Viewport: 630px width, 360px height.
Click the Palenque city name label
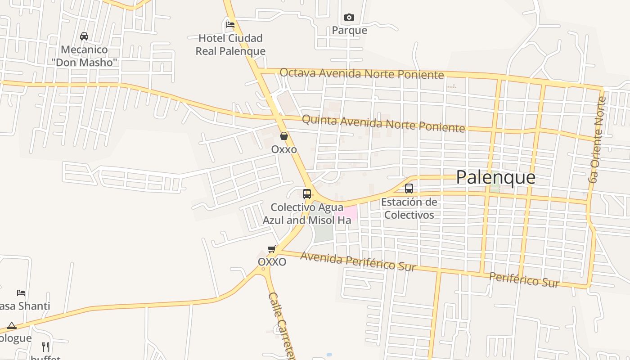(495, 177)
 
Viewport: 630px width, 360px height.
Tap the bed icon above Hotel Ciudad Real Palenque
(230, 24)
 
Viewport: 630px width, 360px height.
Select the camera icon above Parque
(349, 18)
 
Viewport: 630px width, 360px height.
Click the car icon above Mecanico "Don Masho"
(84, 36)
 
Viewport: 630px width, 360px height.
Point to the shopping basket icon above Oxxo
(284, 136)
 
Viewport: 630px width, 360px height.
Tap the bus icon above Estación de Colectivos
(409, 189)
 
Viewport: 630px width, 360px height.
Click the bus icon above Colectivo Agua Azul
(307, 194)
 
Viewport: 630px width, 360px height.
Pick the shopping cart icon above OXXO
(271, 249)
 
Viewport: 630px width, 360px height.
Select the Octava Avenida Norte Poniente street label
(361, 73)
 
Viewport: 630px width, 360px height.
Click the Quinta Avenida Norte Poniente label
(383, 123)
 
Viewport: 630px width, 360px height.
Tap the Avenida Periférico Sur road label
(358, 261)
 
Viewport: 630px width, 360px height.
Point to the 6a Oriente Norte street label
(598, 139)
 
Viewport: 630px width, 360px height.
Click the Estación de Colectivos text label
(409, 208)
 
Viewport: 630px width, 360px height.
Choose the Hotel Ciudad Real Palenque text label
(230, 45)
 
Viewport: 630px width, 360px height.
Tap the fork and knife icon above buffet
(45, 346)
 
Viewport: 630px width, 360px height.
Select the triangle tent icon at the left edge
(12, 325)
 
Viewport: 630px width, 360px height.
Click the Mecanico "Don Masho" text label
(84, 56)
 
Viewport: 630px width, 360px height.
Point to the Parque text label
(349, 31)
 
